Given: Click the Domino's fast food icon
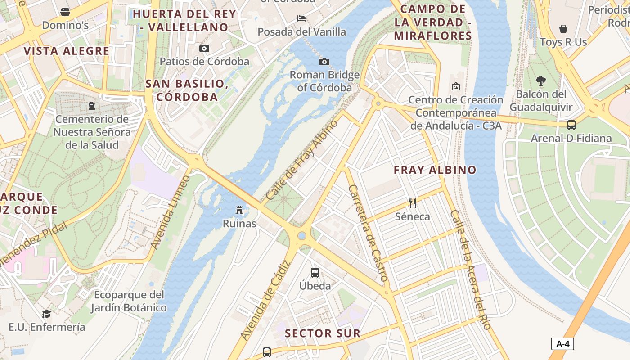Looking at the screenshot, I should tap(65, 12).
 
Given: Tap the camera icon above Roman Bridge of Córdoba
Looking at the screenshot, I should tap(324, 62).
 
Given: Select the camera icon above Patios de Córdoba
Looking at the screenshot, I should tap(204, 48).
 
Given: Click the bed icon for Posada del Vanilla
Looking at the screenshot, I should tap(301, 18).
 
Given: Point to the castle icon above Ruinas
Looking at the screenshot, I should tap(239, 210).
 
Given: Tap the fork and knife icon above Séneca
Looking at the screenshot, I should tap(412, 203).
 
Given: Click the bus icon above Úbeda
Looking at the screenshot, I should tap(315, 272).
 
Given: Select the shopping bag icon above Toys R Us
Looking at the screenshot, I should tap(563, 29).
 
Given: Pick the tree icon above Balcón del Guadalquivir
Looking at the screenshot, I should tap(541, 81).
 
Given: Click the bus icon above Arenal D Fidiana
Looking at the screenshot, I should tap(571, 125).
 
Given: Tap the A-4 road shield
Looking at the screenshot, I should tap(562, 344).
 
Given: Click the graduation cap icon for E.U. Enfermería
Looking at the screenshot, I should tap(46, 314).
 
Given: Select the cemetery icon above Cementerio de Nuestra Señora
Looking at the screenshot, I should tap(92, 106).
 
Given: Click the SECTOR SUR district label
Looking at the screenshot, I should tap(323, 333).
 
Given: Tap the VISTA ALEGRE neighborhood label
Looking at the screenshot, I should tap(67, 51).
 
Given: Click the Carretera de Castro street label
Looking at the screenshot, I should tap(368, 233).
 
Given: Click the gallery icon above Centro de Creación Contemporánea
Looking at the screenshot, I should tap(455, 86).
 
